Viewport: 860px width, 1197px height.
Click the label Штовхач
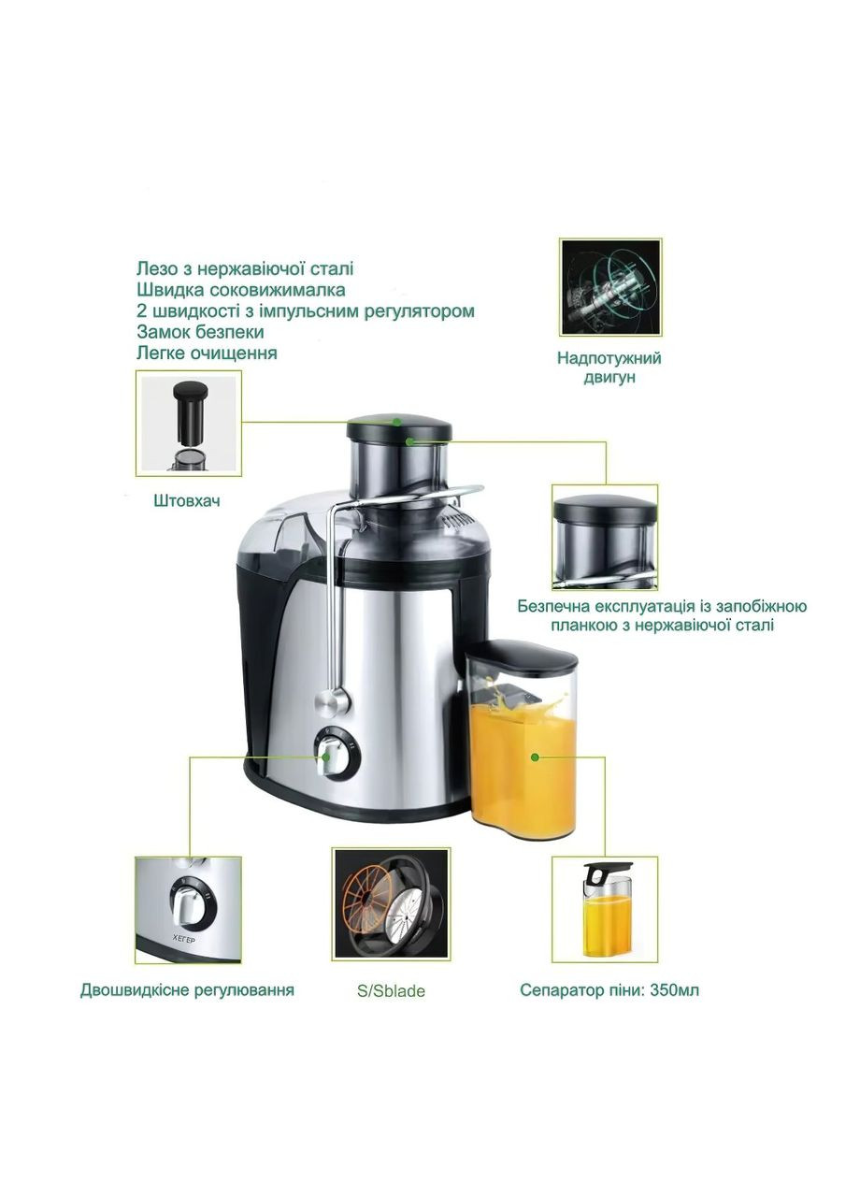pyautogui.click(x=186, y=500)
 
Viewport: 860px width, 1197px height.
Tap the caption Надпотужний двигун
pyautogui.click(x=609, y=367)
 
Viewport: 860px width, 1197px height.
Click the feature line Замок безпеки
pyautogui.click(x=200, y=332)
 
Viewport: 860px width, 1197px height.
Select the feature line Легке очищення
pyautogui.click(x=207, y=353)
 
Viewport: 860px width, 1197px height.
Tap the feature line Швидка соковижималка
pyautogui.click(x=241, y=290)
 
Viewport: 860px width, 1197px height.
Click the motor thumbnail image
pyautogui.click(x=610, y=287)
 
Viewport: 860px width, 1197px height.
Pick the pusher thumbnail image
pyautogui.click(x=188, y=424)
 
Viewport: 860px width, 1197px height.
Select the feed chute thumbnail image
pyautogui.click(x=604, y=537)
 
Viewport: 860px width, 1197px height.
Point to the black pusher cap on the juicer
pyautogui.click(x=399, y=427)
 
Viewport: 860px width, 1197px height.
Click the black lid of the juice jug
pyautogui.click(x=521, y=657)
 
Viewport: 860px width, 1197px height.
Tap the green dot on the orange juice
pyautogui.click(x=535, y=757)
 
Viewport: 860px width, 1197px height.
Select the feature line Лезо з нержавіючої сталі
pyautogui.click(x=245, y=268)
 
